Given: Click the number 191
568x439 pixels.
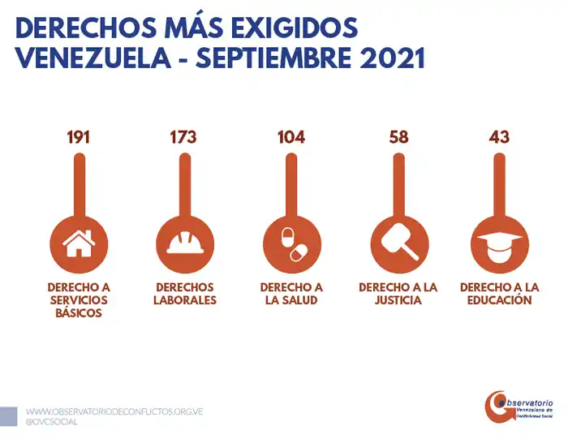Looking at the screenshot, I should [79, 136].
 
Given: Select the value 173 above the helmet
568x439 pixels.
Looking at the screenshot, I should [183, 136].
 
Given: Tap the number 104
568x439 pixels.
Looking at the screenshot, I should [290, 136].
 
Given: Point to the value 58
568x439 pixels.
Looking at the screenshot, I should [398, 136].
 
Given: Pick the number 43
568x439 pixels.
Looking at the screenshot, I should [499, 136].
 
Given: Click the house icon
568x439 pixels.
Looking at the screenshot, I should [79, 242].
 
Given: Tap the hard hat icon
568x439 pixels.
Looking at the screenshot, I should [184, 242].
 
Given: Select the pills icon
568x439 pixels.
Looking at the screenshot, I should [291, 242].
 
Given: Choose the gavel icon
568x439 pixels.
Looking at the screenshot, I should [398, 242].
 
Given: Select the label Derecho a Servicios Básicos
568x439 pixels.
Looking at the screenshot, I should [79, 300].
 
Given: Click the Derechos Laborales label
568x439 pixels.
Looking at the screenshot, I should [184, 294].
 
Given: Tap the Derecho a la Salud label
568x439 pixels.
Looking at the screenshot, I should [291, 294].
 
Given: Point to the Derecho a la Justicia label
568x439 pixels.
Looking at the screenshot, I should [398, 294].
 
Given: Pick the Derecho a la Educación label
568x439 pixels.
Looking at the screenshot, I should [499, 294].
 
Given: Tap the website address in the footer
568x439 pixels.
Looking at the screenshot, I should [114, 411].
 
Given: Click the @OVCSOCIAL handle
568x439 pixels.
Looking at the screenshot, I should [53, 423].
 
